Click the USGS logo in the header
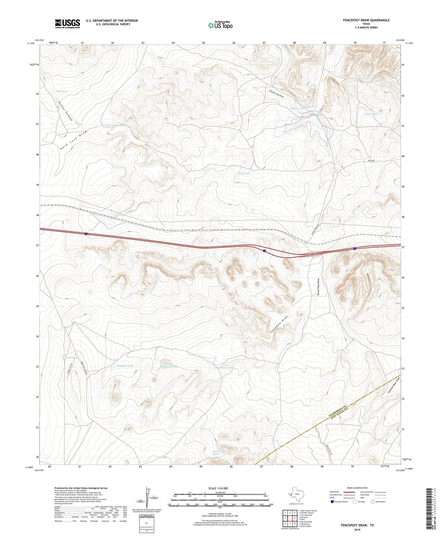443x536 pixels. click(67, 24)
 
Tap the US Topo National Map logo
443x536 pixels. click(220, 25)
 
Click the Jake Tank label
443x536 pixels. click(61, 91)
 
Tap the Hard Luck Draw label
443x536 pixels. click(74, 140)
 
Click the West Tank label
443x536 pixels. click(244, 173)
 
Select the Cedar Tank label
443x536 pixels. click(371, 114)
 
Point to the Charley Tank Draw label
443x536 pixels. click(276, 94)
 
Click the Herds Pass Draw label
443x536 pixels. click(319, 287)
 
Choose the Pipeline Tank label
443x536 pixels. click(125, 366)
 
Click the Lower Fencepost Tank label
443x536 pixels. click(225, 366)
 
